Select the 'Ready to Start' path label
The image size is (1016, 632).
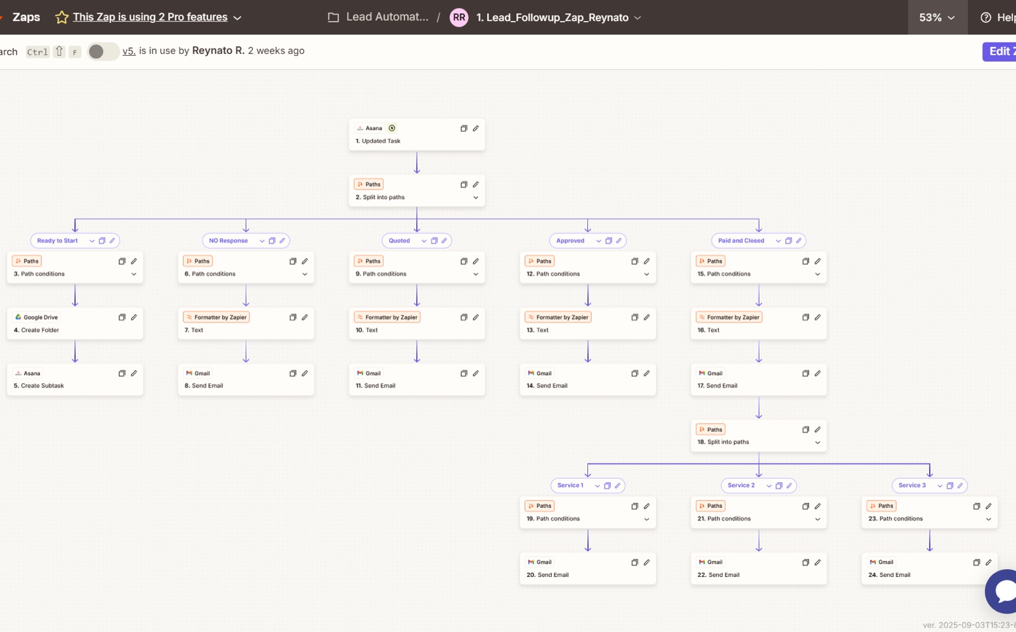pos(57,240)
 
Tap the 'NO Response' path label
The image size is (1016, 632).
pos(228,240)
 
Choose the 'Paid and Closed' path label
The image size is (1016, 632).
pos(740,240)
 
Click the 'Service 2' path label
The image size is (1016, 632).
pos(741,485)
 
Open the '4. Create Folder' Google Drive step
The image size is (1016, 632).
pos(75,323)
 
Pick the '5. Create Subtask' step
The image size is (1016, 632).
pos(75,379)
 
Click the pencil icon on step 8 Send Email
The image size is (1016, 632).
pos(305,373)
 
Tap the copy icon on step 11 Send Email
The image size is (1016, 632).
pos(464,373)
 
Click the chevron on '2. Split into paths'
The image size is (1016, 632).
pos(476,198)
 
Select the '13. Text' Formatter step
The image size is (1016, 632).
pos(587,323)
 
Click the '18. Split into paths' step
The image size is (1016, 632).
pos(758,436)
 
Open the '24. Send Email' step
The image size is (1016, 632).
pos(930,569)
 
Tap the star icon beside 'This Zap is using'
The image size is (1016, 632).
pos(62,17)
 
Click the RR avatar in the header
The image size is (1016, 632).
pos(459,17)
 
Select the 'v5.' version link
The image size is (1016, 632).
pos(129,51)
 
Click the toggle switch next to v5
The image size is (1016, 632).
pos(103,51)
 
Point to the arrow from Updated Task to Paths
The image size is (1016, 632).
pos(417,162)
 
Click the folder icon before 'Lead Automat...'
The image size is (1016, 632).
pos(333,17)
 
